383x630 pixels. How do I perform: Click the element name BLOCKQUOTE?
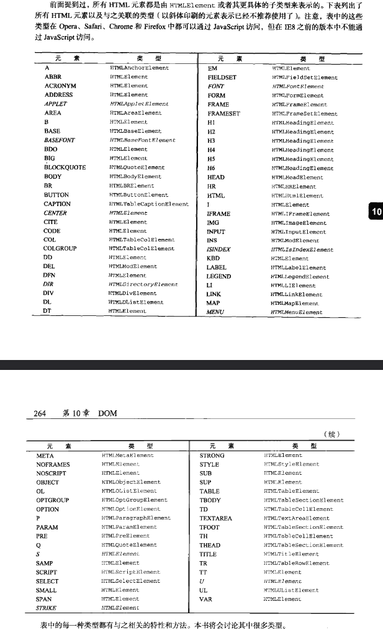[65, 168]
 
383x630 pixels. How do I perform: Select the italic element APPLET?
[56, 104]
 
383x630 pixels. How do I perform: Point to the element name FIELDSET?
[222, 77]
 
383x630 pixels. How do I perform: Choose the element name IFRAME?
[219, 214]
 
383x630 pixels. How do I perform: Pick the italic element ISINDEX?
[219, 250]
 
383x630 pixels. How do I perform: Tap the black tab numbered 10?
[376, 212]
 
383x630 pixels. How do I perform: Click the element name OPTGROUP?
[52, 500]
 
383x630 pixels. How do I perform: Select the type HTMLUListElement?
[291, 590]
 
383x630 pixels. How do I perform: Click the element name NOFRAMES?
[53, 464]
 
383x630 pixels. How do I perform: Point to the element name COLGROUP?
[60, 249]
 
